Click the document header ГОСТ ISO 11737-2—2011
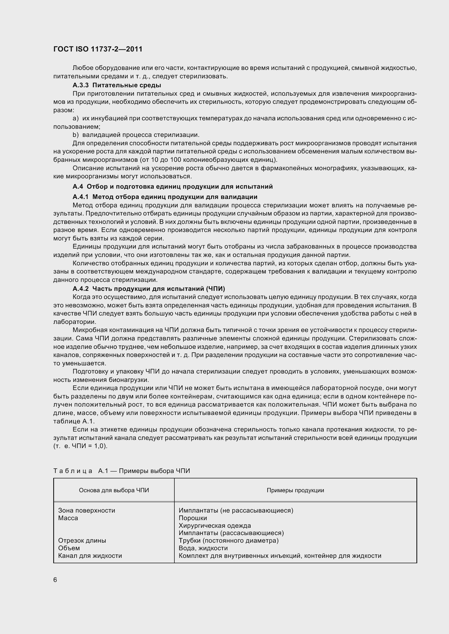pyautogui.click(x=98, y=49)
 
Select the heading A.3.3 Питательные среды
pyautogui.click(x=117, y=85)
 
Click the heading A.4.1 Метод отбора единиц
pyautogui.click(x=165, y=197)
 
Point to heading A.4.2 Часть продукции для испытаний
pyautogui.click(x=149, y=289)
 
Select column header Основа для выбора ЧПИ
pyautogui.click(x=114, y=490)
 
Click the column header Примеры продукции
pyautogui.click(x=295, y=490)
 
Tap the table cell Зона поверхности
pyautogui.click(x=87, y=510)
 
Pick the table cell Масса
pyautogui.click(x=68, y=518)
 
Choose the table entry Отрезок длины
pyautogui.click(x=82, y=540)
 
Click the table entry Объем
pyautogui.click(x=69, y=548)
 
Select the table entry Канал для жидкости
pyautogui.click(x=90, y=556)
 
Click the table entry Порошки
pyautogui.click(x=193, y=518)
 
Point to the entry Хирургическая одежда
pyautogui.click(x=215, y=526)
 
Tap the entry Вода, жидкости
pyautogui.click(x=203, y=548)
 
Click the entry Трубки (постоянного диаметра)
pyautogui.click(x=228, y=540)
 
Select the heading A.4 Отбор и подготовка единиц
pyautogui.click(x=173, y=186)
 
